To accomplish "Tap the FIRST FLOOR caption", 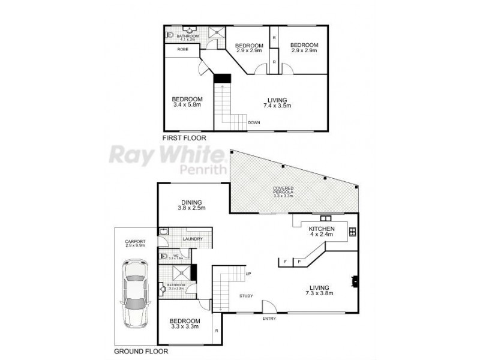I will [184, 138].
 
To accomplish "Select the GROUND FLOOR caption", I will [141, 352].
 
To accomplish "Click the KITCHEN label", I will [322, 230].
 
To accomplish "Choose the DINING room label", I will [191, 202].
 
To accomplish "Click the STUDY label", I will [246, 296].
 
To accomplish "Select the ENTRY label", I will [269, 318].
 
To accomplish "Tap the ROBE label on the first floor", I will [184, 49].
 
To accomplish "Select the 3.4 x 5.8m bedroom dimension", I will [187, 105].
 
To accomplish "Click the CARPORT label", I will [136, 242].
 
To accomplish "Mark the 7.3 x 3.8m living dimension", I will [319, 293].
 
